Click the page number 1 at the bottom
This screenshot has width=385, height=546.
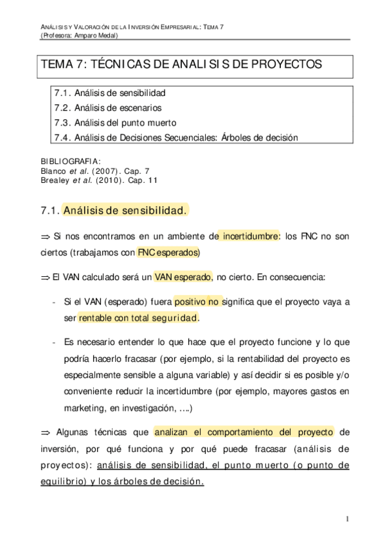(346, 520)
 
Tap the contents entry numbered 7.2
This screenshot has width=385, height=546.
(108, 108)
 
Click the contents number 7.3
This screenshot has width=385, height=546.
(62, 122)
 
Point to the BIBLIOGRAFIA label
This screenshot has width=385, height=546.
(70, 161)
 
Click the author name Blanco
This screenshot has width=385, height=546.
(53, 171)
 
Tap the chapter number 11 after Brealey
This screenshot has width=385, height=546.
(152, 181)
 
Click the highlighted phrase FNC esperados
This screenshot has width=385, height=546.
(168, 252)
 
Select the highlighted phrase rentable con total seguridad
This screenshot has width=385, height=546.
(138, 318)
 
